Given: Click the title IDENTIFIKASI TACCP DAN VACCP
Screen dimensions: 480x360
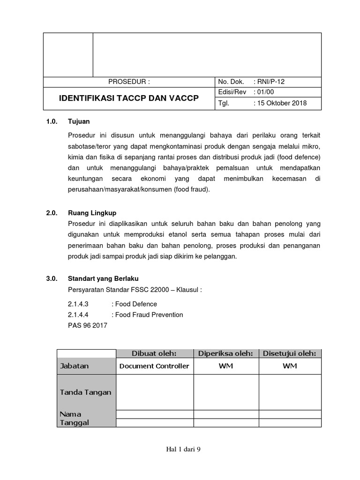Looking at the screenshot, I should click(x=128, y=98).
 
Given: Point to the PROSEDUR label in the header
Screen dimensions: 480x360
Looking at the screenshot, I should click(x=129, y=81).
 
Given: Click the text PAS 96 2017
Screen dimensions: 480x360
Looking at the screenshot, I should click(x=88, y=325).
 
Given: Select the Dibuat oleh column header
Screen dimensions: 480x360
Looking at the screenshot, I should click(x=155, y=353).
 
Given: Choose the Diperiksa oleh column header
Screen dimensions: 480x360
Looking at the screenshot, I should click(x=226, y=353).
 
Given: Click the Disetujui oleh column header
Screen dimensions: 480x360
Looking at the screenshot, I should click(x=290, y=353).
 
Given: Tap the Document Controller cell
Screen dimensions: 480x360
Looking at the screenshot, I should click(x=155, y=366).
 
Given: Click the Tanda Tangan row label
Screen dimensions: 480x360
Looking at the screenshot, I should click(x=85, y=392).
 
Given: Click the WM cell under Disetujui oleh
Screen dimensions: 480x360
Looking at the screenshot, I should click(x=290, y=366).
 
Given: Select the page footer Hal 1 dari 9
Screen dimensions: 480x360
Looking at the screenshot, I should click(x=183, y=450).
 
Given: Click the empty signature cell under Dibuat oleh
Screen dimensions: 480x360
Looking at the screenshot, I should click(x=155, y=392).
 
